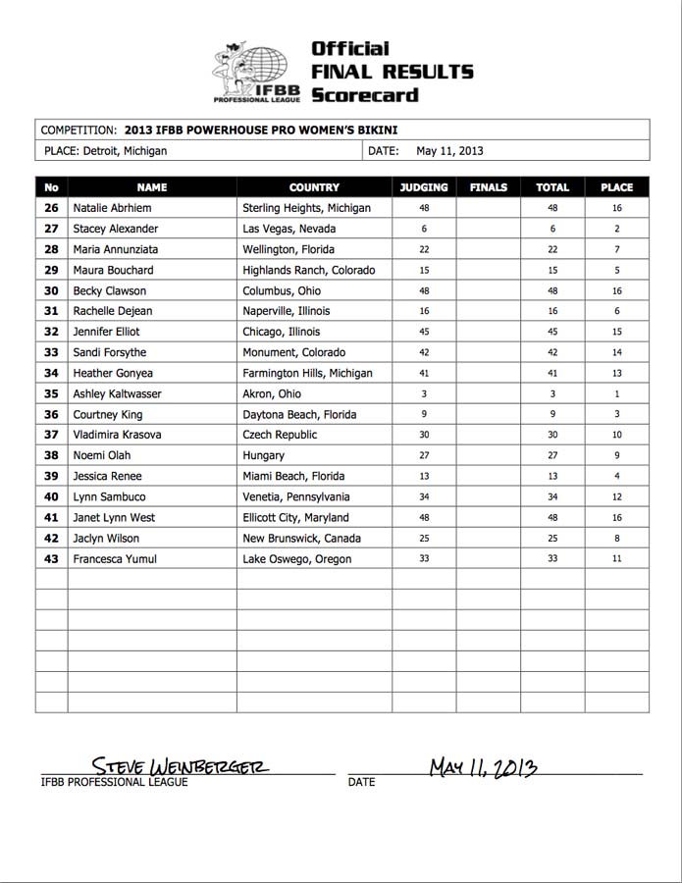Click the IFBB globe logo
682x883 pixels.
257,72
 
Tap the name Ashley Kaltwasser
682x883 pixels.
118,393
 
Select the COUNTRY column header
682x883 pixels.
314,187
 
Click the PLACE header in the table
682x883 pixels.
616,187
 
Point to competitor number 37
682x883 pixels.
52,435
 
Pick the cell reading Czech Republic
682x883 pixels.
281,435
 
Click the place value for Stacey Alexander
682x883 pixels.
616,229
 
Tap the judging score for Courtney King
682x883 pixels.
424,414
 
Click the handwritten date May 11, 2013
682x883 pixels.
483,766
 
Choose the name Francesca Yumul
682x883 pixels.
114,558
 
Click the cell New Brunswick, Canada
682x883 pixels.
301,538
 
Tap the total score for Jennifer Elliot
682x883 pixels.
552,332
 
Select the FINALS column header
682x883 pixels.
489,187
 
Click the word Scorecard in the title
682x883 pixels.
364,95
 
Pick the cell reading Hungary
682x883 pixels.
264,455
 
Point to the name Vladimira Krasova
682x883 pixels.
117,435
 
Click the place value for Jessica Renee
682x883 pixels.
616,476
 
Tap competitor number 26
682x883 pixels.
52,208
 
